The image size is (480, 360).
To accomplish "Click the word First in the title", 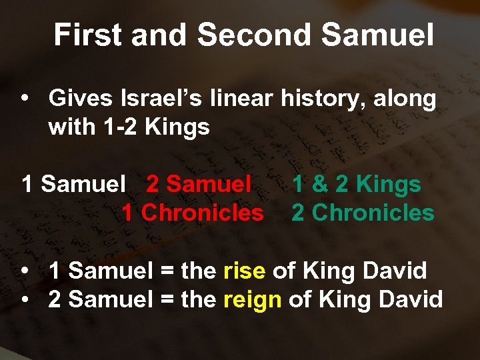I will (86, 35).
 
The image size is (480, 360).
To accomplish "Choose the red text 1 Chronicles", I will (193, 213).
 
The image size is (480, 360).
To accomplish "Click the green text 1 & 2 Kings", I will (357, 184).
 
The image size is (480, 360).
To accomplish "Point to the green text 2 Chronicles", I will (363, 213).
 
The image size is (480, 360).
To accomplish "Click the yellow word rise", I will (245, 271).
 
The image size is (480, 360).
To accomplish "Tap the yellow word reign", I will (253, 299).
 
